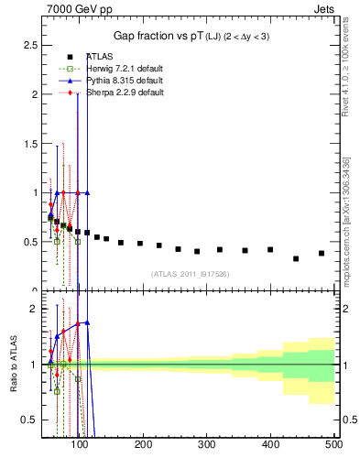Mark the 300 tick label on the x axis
click(207, 445)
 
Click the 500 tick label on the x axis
click(333, 445)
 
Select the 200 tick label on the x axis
click(144, 445)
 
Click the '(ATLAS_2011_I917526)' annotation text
click(189, 274)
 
